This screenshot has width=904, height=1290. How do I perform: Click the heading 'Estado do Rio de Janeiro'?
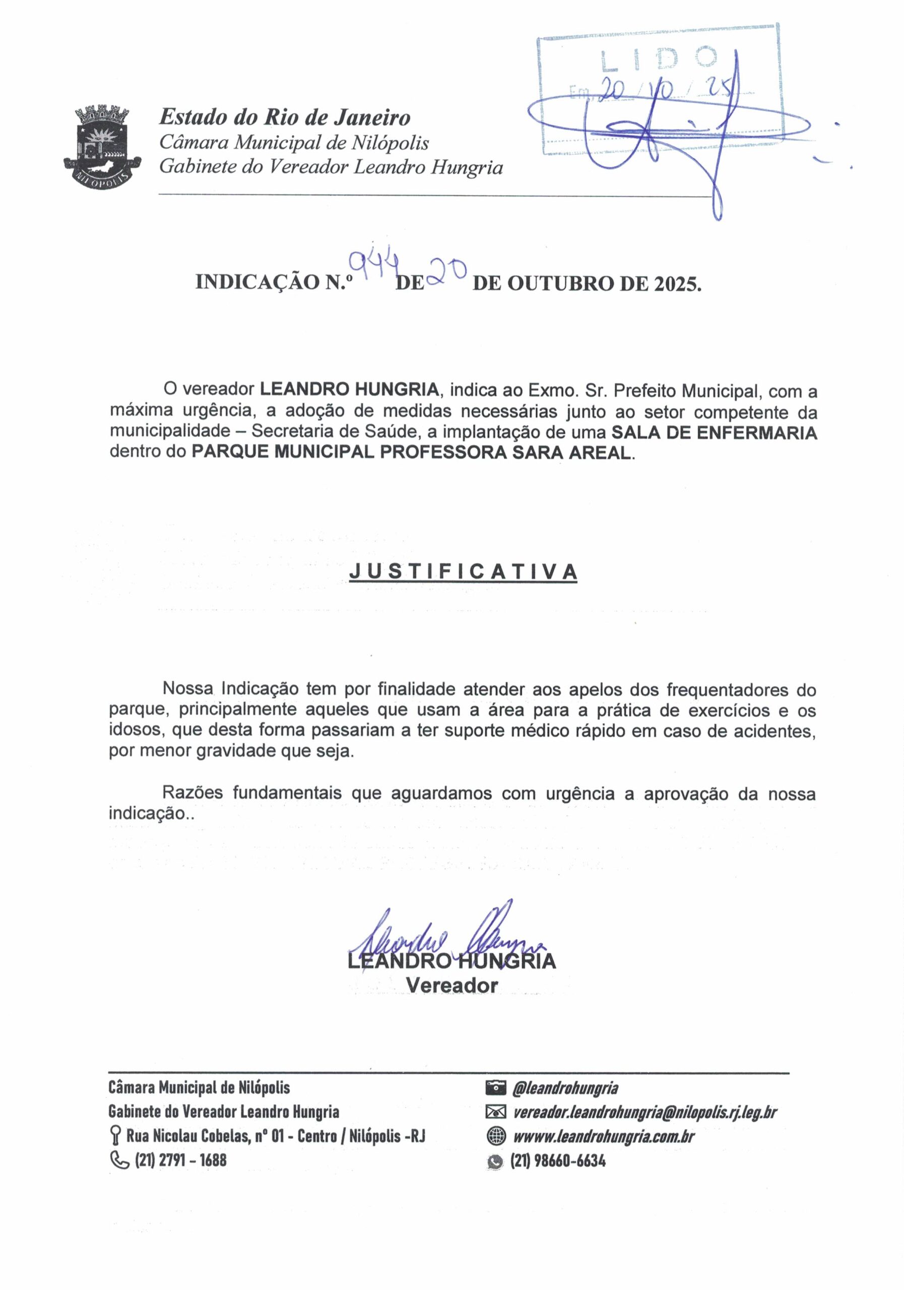click(x=285, y=117)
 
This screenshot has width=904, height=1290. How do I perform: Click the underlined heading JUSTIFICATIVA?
click(x=463, y=571)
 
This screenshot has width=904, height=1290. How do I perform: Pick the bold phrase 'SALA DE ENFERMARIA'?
click(x=714, y=433)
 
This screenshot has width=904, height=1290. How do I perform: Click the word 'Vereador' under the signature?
click(x=451, y=986)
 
